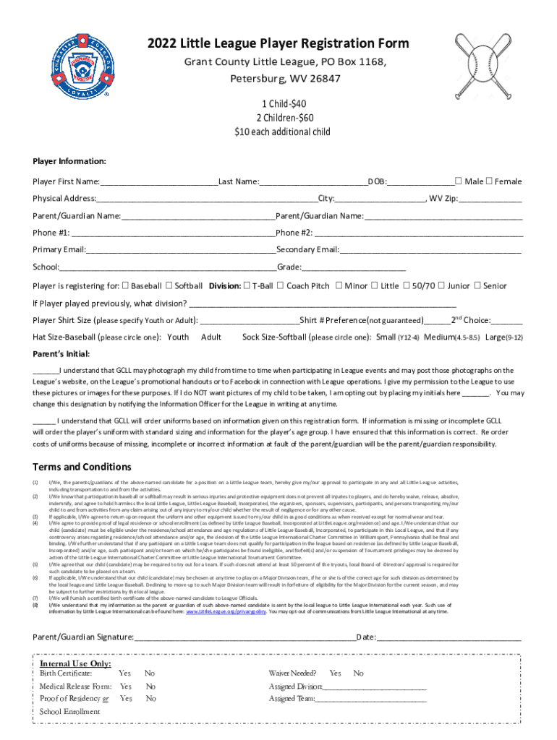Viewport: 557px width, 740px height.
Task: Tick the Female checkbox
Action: coord(488,181)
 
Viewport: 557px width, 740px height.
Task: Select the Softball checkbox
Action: coord(169,285)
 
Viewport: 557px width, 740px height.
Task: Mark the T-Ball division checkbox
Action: coord(246,285)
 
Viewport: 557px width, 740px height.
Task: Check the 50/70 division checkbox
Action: coord(406,285)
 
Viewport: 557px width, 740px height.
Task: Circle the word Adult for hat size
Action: coord(211,337)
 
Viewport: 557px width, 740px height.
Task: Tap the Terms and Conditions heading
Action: coord(82,466)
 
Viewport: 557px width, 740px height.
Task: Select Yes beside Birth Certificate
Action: coord(124,674)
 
